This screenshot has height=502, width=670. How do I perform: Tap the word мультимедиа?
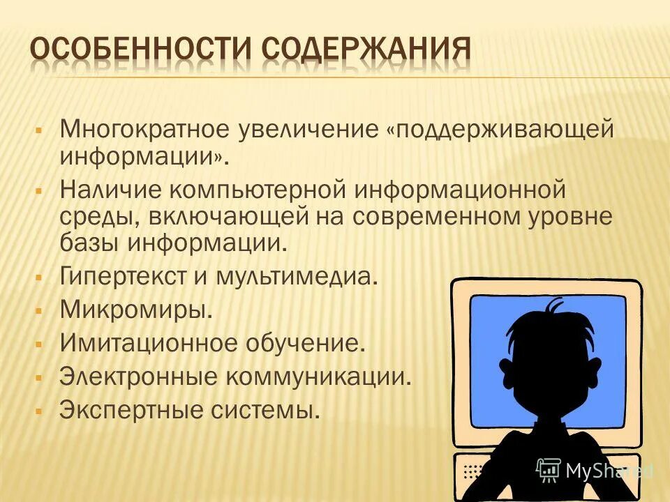pyautogui.click(x=301, y=277)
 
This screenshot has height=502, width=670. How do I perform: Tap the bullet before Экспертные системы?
pyautogui.click(x=39, y=410)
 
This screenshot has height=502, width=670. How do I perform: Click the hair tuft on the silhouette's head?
pyautogui.click(x=555, y=307)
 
